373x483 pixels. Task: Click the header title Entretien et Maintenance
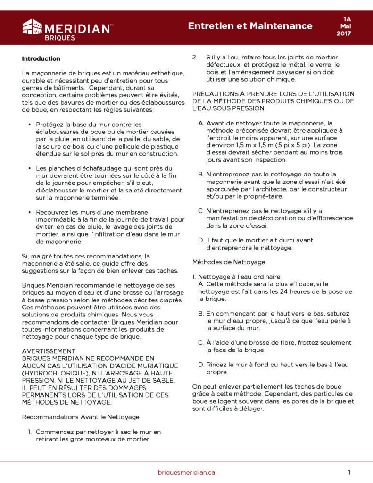250,25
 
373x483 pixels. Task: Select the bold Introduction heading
41,58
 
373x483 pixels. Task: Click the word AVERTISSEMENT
49,351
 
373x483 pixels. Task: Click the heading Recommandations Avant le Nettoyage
81,417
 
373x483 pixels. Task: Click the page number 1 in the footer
349,472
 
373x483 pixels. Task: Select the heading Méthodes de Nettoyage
229,262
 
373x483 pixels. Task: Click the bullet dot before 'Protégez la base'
30,125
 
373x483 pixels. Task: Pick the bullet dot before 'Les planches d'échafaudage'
30,168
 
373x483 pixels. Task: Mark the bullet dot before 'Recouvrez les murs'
30,212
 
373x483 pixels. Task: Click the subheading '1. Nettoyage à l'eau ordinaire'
236,276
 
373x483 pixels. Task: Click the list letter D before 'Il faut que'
201,240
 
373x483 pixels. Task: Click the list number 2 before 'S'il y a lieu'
194,57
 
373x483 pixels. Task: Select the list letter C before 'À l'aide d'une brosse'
201,342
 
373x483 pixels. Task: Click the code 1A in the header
347,19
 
